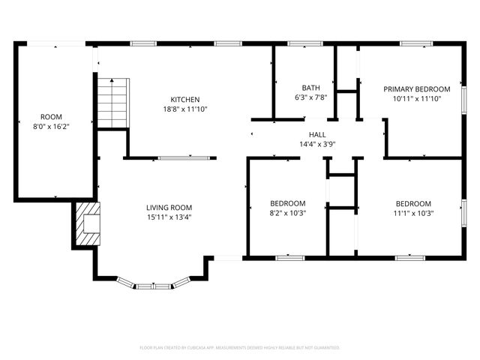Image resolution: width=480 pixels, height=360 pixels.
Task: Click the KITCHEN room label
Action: pyautogui.click(x=184, y=100)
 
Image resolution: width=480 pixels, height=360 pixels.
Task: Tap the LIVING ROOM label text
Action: pyautogui.click(x=169, y=208)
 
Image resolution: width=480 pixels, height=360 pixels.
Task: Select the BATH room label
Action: pyautogui.click(x=310, y=88)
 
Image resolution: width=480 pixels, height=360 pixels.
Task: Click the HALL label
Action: pyautogui.click(x=316, y=134)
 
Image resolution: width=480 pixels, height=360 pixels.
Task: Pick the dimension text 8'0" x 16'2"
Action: pyautogui.click(x=51, y=127)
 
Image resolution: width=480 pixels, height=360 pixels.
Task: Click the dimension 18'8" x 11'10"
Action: pyautogui.click(x=184, y=109)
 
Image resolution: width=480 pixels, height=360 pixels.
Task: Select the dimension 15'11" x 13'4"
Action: pyautogui.click(x=169, y=217)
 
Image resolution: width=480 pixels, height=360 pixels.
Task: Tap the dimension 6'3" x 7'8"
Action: pyautogui.click(x=310, y=97)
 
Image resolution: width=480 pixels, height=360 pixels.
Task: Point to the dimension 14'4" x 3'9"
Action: pyautogui.click(x=316, y=144)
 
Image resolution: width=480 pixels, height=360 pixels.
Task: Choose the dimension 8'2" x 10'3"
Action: pyautogui.click(x=287, y=213)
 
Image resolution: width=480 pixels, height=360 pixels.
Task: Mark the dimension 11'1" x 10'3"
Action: pyautogui.click(x=413, y=213)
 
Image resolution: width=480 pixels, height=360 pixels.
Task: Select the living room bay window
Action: pyautogui.click(x=154, y=284)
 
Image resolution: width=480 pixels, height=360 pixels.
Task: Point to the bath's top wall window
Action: pyautogui.click(x=300, y=43)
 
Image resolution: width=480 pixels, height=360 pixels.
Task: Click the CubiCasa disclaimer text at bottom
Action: pyautogui.click(x=240, y=348)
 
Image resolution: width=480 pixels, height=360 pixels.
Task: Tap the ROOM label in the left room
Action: pyautogui.click(x=51, y=117)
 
